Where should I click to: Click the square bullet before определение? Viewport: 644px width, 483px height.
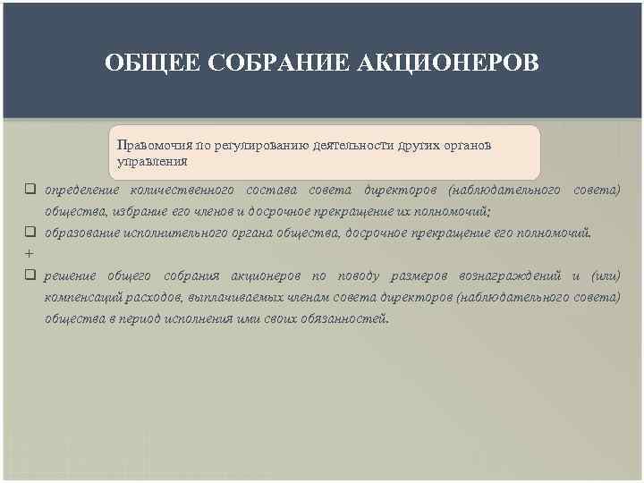click(x=30, y=190)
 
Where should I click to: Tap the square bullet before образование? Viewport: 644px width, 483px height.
click(x=30, y=233)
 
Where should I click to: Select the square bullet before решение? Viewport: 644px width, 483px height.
click(x=30, y=275)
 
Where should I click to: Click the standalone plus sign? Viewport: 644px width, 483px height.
click(x=29, y=254)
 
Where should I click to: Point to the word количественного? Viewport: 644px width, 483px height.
click(x=182, y=190)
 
